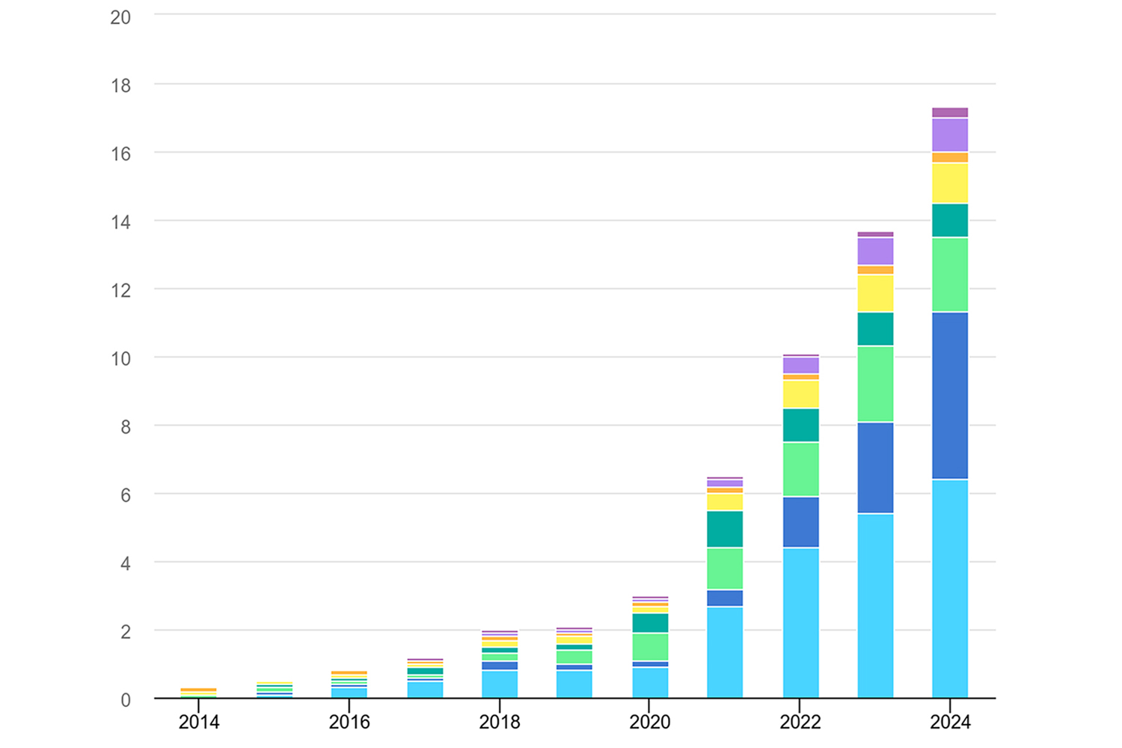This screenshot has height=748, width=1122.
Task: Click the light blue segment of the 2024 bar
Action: (950, 589)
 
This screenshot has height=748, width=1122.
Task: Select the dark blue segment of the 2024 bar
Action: (950, 396)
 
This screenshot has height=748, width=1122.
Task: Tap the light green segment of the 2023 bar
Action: (875, 384)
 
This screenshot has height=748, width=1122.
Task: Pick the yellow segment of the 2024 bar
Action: (950, 183)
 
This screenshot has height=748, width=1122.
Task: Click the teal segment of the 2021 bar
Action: (725, 529)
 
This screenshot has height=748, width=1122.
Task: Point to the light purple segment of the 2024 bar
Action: (950, 135)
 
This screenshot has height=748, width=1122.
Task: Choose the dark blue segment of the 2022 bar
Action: (800, 522)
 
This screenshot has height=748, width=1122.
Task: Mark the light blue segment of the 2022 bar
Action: (800, 623)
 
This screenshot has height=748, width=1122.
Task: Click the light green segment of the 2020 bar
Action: (650, 647)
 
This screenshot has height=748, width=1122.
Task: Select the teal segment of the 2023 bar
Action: (875, 329)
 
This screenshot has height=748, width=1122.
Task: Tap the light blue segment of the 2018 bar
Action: (500, 684)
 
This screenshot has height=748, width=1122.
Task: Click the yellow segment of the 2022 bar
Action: (800, 394)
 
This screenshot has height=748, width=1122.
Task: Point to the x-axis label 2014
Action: (199, 722)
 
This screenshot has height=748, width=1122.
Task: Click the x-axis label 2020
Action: (650, 722)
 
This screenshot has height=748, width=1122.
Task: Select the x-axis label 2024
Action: (950, 722)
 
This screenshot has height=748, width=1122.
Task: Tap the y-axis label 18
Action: (120, 85)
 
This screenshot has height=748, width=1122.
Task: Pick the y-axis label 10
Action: (120, 358)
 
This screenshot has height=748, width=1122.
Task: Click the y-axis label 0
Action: (126, 700)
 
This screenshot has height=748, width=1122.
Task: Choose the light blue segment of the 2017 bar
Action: (425, 690)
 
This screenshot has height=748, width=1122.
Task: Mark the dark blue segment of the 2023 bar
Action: (875, 468)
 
